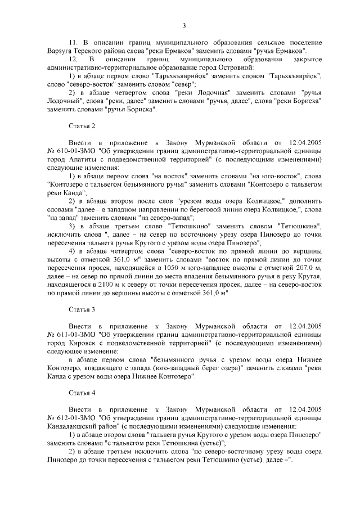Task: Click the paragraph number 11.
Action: (72, 42)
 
